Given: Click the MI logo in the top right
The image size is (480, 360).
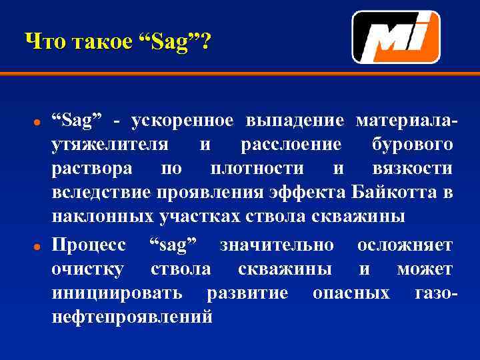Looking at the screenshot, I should pyautogui.click(x=395, y=37).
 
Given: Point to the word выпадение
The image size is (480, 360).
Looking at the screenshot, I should pyautogui.click(x=295, y=120).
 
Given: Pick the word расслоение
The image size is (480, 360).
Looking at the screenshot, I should pyautogui.click(x=291, y=145).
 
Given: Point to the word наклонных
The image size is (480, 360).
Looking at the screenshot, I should pyautogui.click(x=103, y=217).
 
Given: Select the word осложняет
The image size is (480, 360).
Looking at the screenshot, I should pyautogui.click(x=405, y=245).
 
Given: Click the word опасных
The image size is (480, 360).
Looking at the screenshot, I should pyautogui.click(x=351, y=293).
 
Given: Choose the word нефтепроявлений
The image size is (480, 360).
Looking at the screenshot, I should pyautogui.click(x=133, y=317).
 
